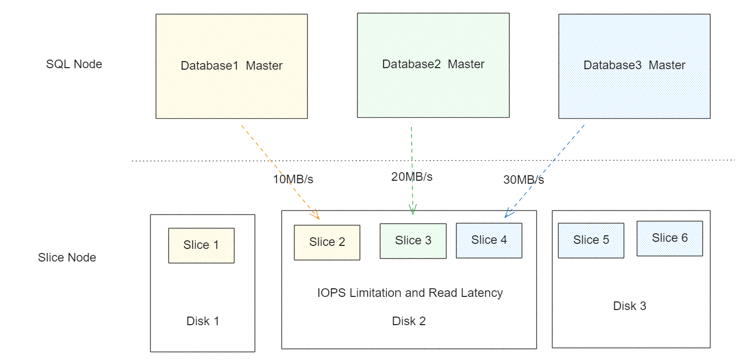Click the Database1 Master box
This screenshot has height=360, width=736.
point(231,66)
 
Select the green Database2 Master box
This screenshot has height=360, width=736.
point(433,65)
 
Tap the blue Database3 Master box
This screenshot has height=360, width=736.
point(634,66)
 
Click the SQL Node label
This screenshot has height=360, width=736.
point(74,64)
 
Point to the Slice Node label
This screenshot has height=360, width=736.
point(67,258)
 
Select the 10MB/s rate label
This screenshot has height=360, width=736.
point(293,179)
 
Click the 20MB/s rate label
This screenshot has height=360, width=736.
point(411,177)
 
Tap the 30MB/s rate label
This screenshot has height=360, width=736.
point(523,180)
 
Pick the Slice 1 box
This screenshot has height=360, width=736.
point(201,245)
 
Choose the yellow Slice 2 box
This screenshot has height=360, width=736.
point(327,242)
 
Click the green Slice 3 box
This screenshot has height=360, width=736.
point(413,241)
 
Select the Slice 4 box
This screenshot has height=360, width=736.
point(489,240)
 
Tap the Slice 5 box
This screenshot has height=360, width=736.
point(591,240)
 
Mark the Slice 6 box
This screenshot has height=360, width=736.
point(669,238)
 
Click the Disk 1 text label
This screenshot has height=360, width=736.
point(202,321)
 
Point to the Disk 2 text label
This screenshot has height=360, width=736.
point(409,321)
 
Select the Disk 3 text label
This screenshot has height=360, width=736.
point(629,306)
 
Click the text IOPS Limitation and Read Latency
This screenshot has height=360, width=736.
point(410,293)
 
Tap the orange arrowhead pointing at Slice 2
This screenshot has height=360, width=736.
point(316,216)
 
